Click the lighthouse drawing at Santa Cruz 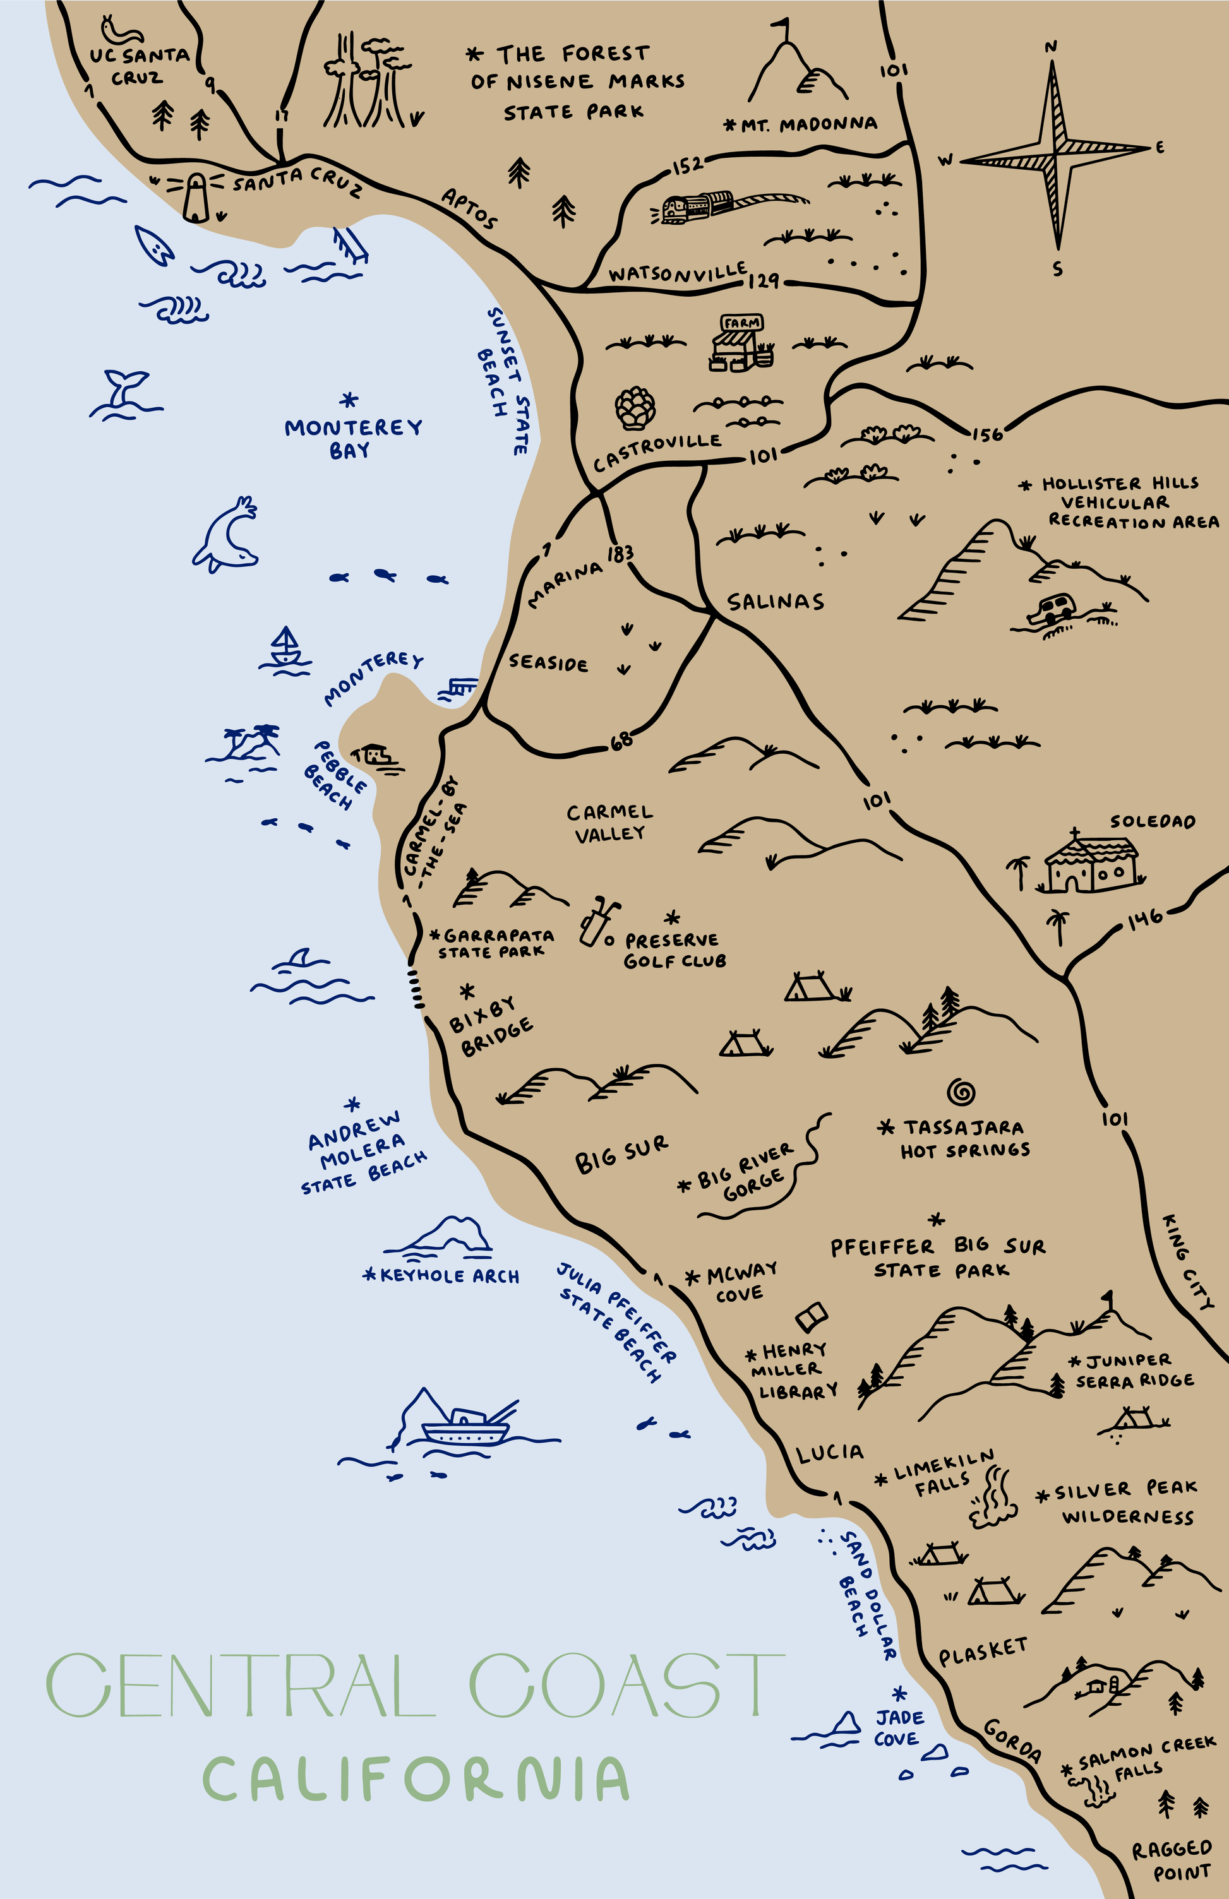coord(196,197)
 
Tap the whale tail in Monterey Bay coord(125,391)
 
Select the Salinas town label coord(775,602)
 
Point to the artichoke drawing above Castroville coord(635,408)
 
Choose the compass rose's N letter coord(1051,47)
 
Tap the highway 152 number coord(687,165)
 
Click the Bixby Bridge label coord(490,1027)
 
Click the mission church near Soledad coord(1091,864)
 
